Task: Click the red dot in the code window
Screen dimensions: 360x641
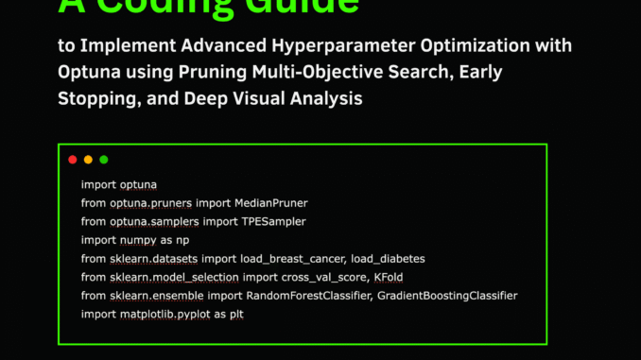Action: pos(73,160)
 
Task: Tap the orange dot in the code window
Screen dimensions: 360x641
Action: pos(88,160)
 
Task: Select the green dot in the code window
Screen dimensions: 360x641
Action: pos(104,160)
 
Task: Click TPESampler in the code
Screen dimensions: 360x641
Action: pos(271,221)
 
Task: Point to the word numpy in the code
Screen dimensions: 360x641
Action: pos(138,240)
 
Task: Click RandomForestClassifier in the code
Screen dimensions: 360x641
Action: pos(302,296)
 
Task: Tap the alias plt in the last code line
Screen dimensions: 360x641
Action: pos(237,315)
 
